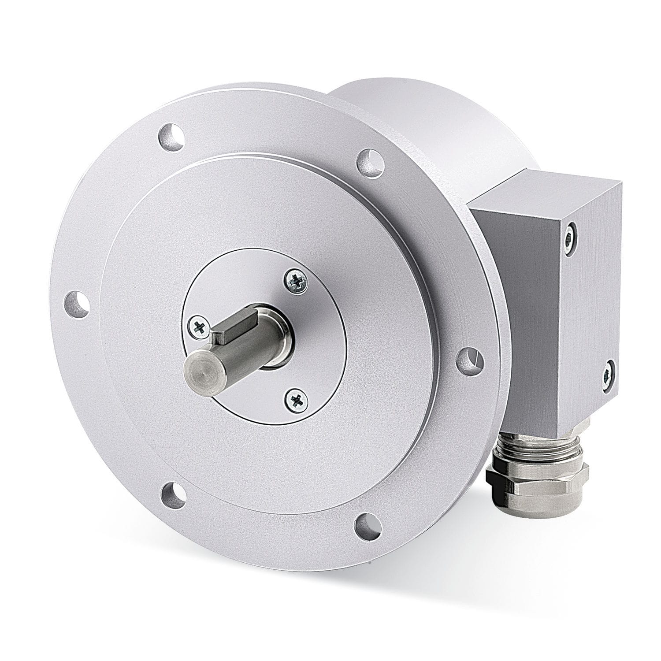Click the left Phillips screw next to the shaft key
tap(197, 327)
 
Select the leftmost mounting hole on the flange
tap(77, 303)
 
